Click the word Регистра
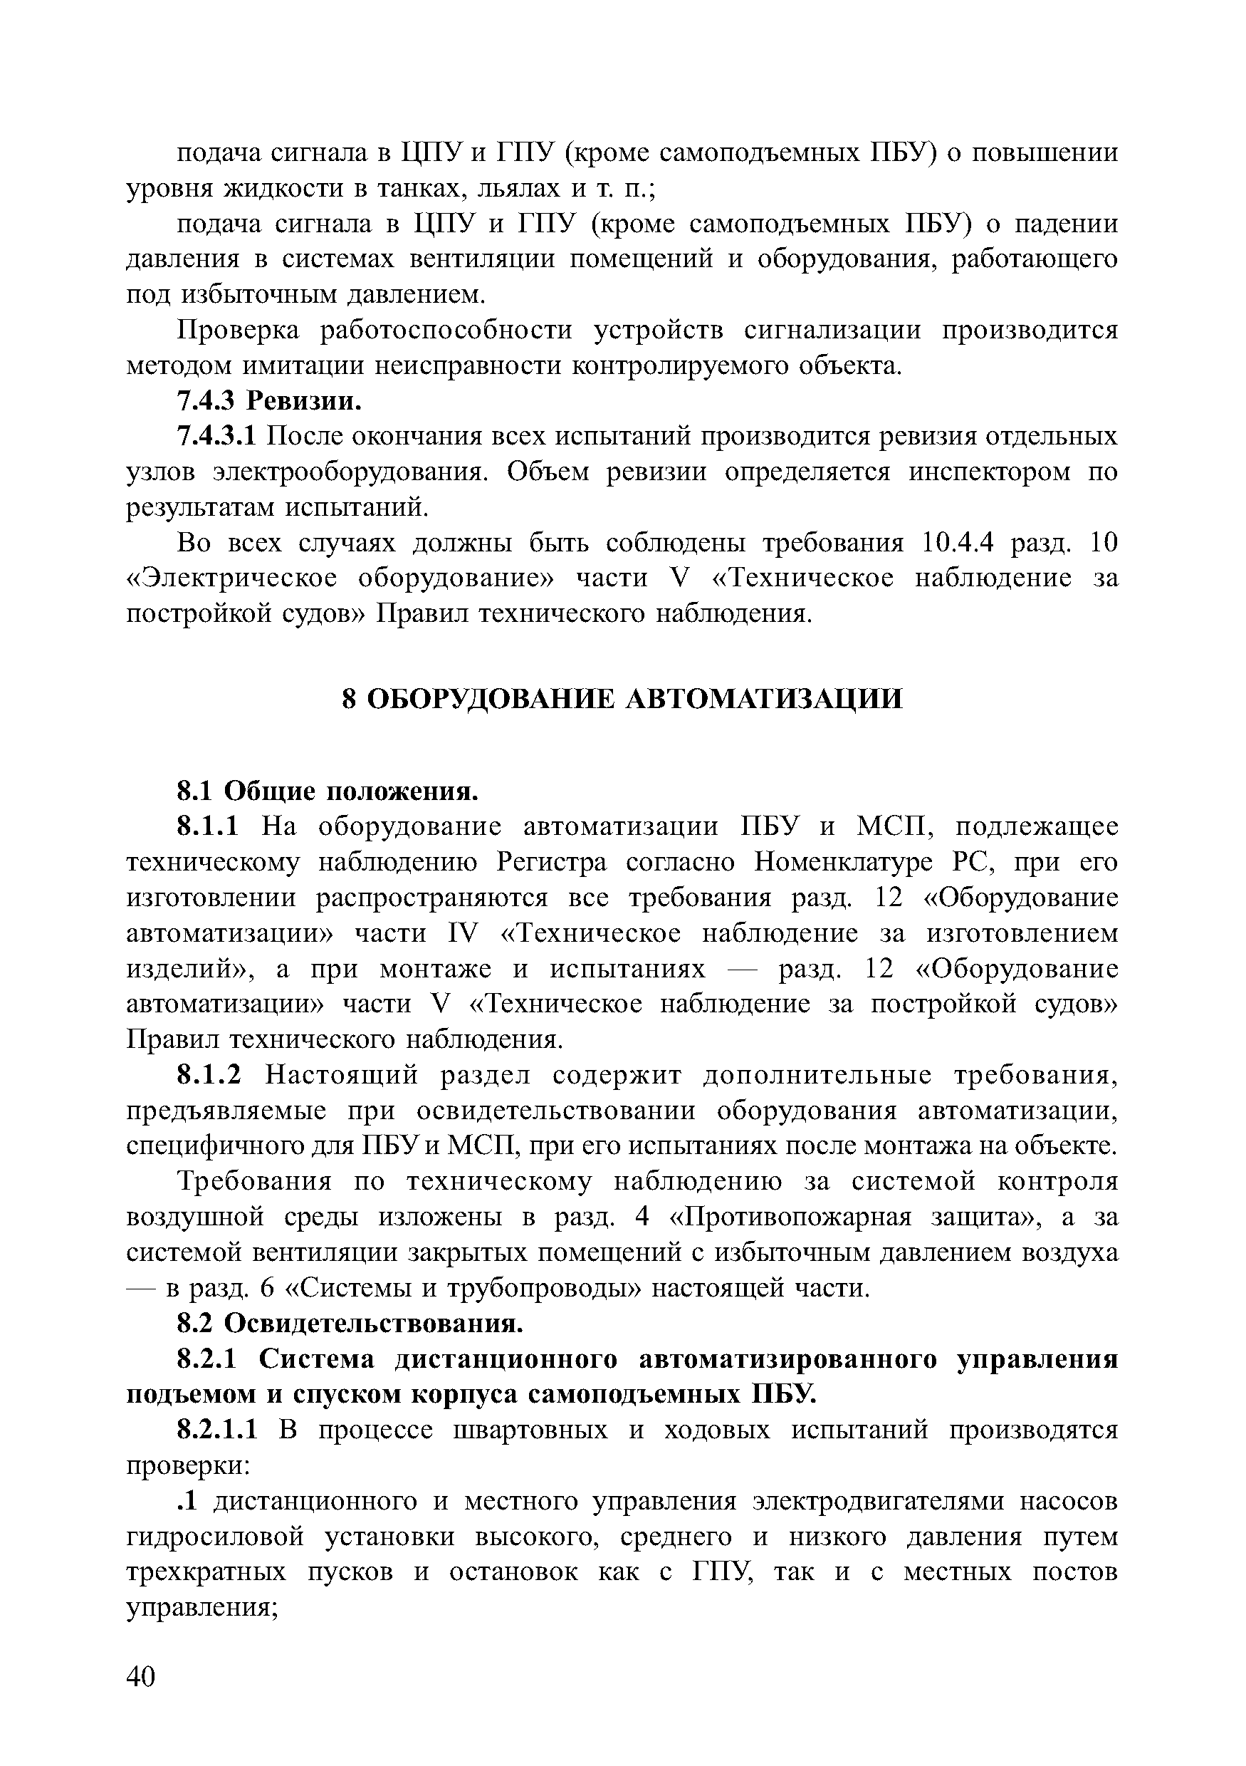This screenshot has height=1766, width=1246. pos(553,863)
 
